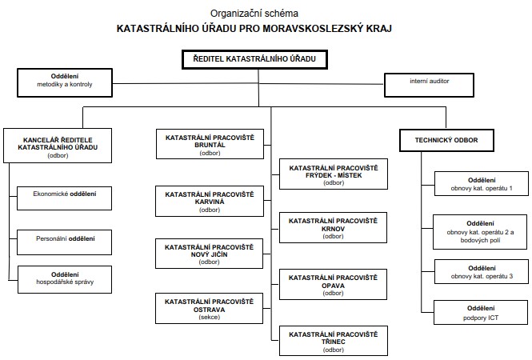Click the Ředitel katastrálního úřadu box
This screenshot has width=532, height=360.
click(x=255, y=59)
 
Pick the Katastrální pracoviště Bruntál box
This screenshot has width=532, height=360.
click(x=209, y=144)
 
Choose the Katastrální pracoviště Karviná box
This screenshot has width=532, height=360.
click(x=209, y=200)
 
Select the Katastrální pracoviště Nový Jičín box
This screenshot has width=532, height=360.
click(x=209, y=253)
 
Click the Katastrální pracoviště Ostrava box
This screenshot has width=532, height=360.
click(x=209, y=308)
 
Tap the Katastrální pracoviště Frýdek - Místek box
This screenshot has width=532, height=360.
click(x=333, y=174)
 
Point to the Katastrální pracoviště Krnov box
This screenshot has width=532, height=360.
click(x=333, y=227)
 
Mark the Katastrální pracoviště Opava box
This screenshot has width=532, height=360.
click(x=333, y=283)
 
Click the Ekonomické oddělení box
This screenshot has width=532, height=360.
click(x=65, y=194)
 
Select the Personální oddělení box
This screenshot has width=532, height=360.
click(x=65, y=238)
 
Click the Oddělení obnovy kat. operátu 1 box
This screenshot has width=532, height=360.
click(x=481, y=185)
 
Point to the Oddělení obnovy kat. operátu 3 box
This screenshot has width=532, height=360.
click(x=481, y=272)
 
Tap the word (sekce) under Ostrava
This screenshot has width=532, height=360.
click(x=209, y=318)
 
